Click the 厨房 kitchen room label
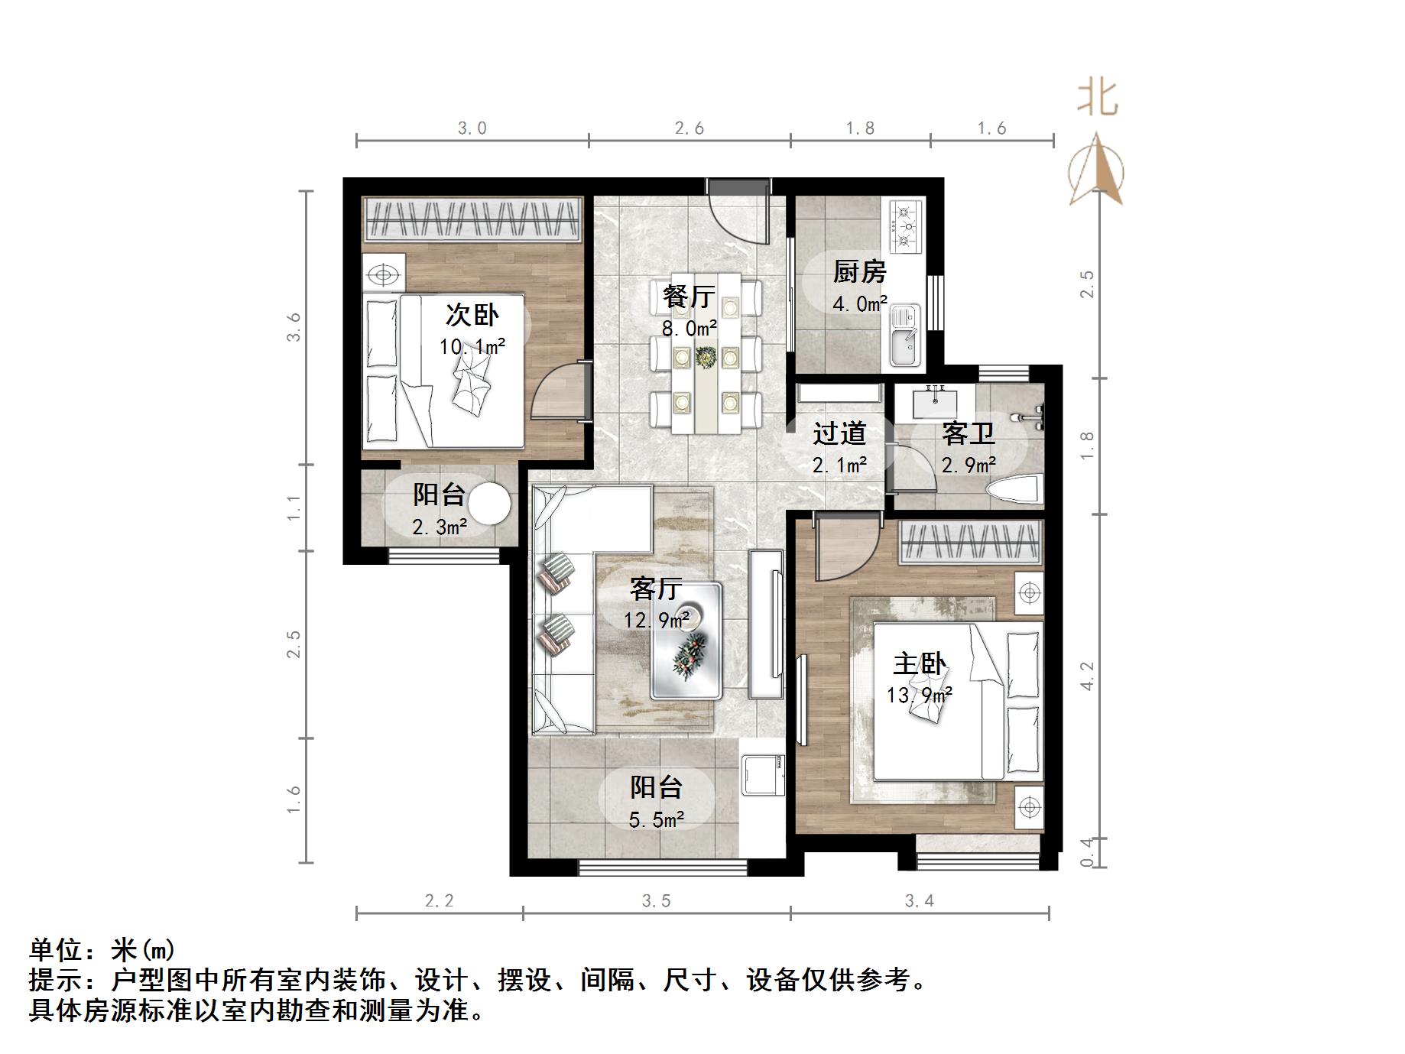859,271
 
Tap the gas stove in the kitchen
906,225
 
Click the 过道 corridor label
839,434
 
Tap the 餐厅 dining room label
689,297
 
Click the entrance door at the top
738,210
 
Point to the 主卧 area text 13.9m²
919,696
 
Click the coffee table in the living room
686,641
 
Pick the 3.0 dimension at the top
472,128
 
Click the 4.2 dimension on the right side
1087,676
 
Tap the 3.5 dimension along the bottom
656,901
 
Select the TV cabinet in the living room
766,624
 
